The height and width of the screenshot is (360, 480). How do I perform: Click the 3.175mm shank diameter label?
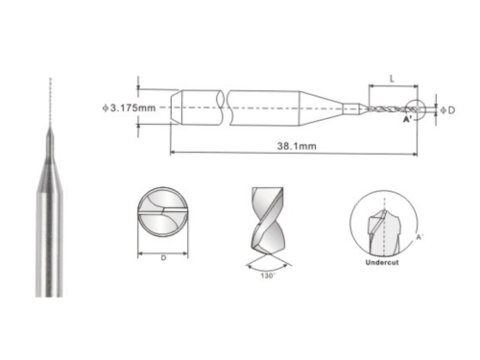[x=129, y=108]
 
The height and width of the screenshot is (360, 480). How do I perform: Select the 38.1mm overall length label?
[x=297, y=146]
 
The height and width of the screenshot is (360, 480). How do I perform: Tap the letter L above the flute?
[x=392, y=79]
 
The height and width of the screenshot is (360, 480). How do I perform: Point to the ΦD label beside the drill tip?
[x=447, y=110]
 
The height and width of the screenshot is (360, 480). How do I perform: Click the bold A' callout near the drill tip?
[x=407, y=119]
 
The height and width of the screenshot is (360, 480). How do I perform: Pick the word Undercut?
[x=382, y=262]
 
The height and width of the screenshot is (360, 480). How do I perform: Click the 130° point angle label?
[x=268, y=276]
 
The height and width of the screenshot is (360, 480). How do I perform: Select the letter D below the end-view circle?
[x=163, y=258]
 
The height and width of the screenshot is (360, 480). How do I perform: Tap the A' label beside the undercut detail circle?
[x=420, y=237]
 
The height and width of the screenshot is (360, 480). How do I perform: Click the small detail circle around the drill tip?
[x=425, y=109]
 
